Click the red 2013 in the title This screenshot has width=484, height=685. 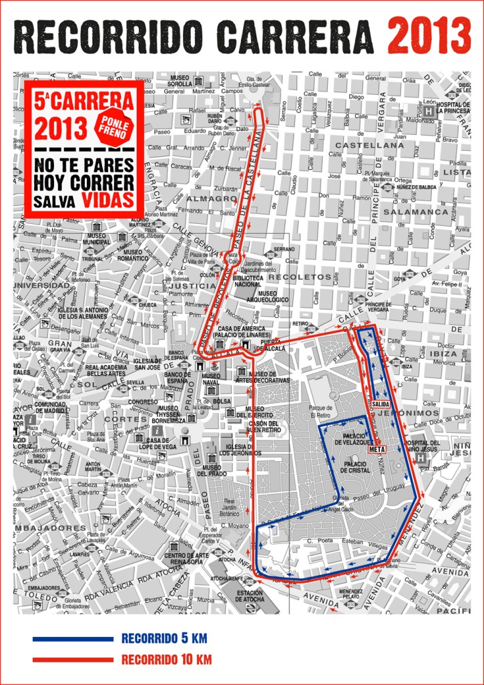[x=429, y=35]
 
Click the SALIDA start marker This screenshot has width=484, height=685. [x=380, y=405]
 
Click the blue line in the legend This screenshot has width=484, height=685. [x=73, y=639]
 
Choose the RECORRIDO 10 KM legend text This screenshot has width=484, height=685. [x=166, y=660]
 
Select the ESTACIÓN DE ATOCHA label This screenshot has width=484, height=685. [x=250, y=595]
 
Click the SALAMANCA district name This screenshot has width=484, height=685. [x=419, y=211]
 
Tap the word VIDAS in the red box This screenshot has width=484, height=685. [x=107, y=200]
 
